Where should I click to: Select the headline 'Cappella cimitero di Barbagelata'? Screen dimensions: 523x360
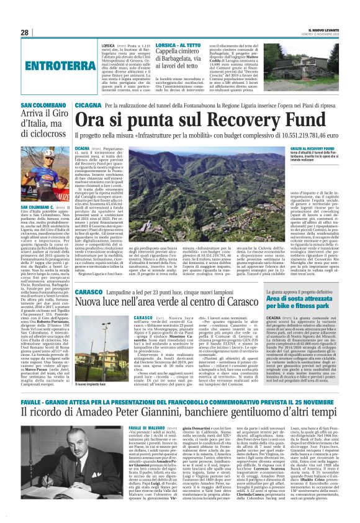tap(186, 58)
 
